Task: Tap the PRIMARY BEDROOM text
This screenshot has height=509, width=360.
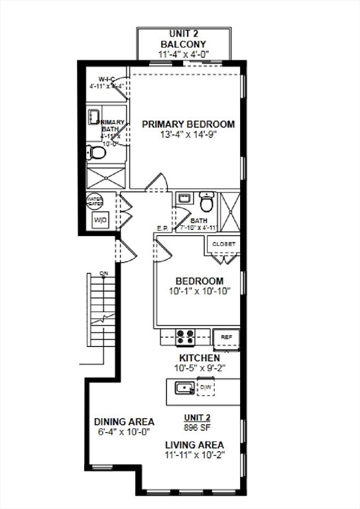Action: click(x=188, y=124)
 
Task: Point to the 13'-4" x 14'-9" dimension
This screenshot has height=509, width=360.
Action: click(x=188, y=135)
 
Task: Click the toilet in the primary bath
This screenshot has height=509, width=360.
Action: click(x=97, y=154)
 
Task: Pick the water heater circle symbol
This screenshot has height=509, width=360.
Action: click(x=94, y=201)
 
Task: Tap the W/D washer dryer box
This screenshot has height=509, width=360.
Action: click(x=101, y=220)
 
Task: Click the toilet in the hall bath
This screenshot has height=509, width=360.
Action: click(x=207, y=201)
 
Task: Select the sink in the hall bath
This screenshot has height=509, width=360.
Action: click(x=184, y=198)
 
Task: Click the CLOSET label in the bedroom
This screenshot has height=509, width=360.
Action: click(x=223, y=244)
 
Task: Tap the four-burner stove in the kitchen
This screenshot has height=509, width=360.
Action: click(x=186, y=337)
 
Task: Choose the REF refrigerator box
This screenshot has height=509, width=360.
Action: click(x=226, y=337)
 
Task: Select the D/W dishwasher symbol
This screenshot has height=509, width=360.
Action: click(x=206, y=387)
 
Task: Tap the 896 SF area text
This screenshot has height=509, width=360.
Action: click(x=198, y=427)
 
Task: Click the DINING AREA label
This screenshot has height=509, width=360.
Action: click(x=124, y=422)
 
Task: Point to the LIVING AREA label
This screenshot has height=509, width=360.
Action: click(x=194, y=445)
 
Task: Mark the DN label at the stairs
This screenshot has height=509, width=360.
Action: click(x=103, y=274)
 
